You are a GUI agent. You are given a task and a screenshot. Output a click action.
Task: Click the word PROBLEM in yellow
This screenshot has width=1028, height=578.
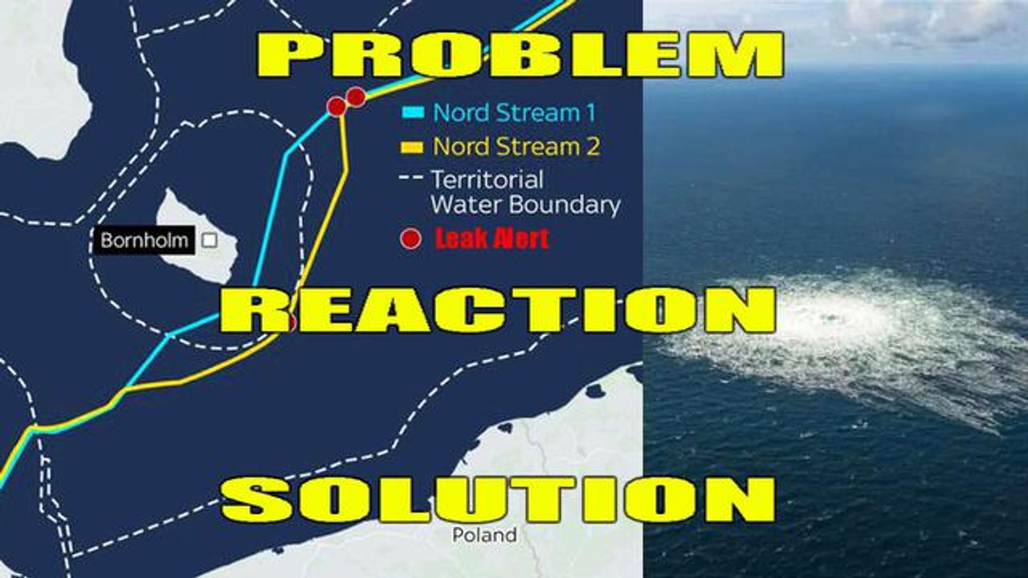[x=520, y=55]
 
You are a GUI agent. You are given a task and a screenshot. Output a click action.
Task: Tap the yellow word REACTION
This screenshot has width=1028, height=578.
[x=499, y=310]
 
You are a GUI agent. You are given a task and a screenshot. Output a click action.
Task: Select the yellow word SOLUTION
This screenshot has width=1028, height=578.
[x=499, y=499]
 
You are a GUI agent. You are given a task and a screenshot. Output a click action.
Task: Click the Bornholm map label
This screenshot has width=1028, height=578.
[x=144, y=240]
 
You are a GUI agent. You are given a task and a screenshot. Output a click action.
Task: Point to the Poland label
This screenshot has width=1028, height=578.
[x=484, y=535]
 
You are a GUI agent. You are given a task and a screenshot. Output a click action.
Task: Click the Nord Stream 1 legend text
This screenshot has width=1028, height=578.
[x=515, y=113]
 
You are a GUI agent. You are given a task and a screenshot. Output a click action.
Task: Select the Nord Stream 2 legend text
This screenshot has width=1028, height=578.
[x=516, y=147]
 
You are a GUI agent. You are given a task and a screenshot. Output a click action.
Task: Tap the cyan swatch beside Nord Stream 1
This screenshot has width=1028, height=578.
[x=413, y=112]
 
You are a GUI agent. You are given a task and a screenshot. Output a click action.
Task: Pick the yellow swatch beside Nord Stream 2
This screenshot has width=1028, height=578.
[x=412, y=147]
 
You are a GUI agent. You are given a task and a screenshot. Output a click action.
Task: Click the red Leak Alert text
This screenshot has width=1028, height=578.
[x=492, y=239]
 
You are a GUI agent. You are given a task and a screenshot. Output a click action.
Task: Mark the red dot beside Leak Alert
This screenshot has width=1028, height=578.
[x=410, y=239]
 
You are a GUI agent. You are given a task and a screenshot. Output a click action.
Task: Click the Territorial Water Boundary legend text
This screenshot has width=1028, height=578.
[x=526, y=192]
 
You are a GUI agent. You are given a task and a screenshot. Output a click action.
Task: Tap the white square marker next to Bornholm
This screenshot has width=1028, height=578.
[x=210, y=240]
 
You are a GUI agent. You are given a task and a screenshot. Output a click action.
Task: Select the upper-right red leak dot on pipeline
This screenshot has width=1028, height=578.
[x=356, y=97]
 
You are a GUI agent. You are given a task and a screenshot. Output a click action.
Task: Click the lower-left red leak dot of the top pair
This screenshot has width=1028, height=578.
[x=337, y=107]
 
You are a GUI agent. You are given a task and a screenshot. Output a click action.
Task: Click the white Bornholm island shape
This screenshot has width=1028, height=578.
[x=198, y=238]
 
